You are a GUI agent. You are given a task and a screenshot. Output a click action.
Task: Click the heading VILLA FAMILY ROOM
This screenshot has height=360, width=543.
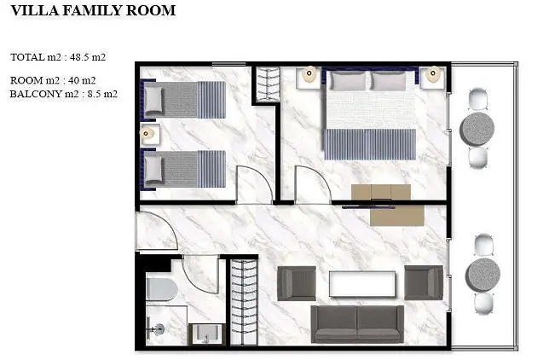[93, 10]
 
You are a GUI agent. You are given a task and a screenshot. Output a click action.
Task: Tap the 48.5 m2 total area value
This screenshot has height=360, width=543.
[88, 57]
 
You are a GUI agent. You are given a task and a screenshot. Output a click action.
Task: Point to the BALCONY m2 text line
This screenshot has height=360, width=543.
[64, 94]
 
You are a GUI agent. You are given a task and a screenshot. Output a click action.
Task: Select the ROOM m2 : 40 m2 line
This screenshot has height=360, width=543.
[53, 80]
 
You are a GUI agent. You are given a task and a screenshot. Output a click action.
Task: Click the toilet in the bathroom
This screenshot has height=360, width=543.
[162, 289]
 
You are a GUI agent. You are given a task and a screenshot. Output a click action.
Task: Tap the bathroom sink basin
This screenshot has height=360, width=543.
[206, 334]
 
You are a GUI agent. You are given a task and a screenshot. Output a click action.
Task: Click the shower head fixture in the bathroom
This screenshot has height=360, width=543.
[159, 328]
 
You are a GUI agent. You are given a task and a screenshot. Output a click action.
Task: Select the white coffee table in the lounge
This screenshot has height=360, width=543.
[362, 284]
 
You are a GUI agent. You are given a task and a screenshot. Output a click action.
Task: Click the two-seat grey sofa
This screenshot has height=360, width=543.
[357, 324]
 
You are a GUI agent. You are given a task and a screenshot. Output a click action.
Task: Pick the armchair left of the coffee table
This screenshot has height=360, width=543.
[297, 283]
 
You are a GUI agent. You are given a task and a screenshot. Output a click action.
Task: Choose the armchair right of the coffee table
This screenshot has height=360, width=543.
[424, 282]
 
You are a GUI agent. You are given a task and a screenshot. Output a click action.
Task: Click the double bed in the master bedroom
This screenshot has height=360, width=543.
[369, 114]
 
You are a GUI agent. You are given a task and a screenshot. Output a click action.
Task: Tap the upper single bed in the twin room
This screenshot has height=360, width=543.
[182, 100]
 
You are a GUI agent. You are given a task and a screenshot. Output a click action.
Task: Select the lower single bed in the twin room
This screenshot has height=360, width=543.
[182, 169]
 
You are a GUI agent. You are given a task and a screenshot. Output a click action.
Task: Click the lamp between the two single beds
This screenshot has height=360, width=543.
[147, 134]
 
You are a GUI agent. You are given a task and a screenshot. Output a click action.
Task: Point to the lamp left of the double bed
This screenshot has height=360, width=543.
[309, 74]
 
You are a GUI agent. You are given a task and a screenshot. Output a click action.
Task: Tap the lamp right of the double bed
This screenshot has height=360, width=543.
[432, 74]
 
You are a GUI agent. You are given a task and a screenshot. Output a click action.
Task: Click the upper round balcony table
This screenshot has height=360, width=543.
[477, 128]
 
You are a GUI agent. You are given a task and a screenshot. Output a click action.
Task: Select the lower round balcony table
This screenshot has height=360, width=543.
[482, 275]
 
